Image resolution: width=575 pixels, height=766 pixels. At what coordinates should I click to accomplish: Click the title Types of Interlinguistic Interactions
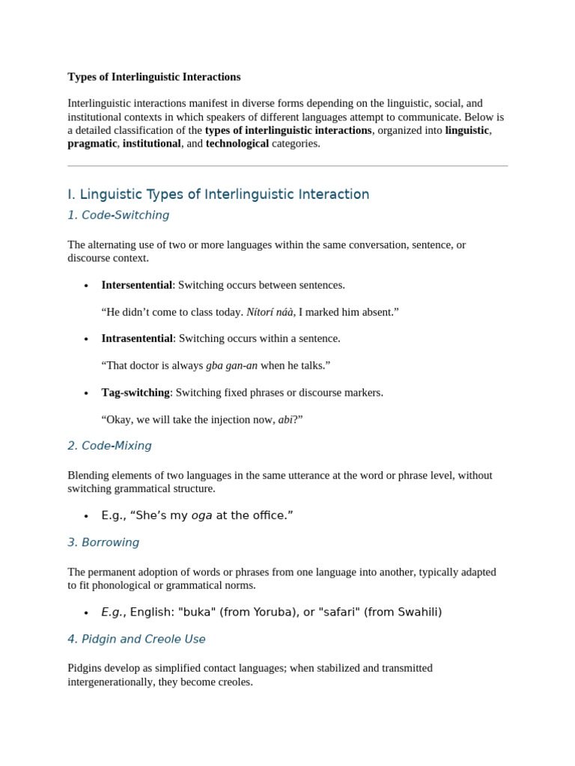click(x=154, y=76)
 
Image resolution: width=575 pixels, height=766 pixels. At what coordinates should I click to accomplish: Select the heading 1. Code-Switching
click(x=118, y=215)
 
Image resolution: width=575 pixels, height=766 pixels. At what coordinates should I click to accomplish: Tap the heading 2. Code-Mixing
click(x=109, y=446)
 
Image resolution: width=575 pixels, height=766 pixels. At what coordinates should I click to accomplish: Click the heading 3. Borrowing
click(x=103, y=542)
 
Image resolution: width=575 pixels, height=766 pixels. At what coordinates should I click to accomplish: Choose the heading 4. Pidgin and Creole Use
click(x=136, y=639)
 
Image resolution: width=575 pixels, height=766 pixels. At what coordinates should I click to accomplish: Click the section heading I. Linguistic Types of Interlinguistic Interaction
click(x=218, y=194)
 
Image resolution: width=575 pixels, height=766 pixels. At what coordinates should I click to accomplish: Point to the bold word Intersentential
click(x=137, y=285)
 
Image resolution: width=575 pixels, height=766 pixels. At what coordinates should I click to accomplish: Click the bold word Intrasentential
click(x=137, y=338)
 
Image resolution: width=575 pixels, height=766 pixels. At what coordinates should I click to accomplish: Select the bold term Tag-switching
click(x=136, y=392)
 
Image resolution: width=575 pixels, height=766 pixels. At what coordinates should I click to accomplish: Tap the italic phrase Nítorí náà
click(x=270, y=312)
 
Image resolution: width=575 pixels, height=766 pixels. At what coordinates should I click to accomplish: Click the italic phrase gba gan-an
click(x=231, y=365)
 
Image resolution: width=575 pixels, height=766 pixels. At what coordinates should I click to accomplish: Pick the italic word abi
click(x=285, y=420)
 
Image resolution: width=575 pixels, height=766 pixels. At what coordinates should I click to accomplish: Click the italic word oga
click(x=202, y=515)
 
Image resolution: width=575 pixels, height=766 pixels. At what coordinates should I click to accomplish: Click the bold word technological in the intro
click(x=237, y=144)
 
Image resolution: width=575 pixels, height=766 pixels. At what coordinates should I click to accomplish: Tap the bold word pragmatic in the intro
click(x=92, y=144)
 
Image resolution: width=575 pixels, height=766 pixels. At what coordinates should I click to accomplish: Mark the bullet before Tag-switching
click(x=87, y=393)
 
